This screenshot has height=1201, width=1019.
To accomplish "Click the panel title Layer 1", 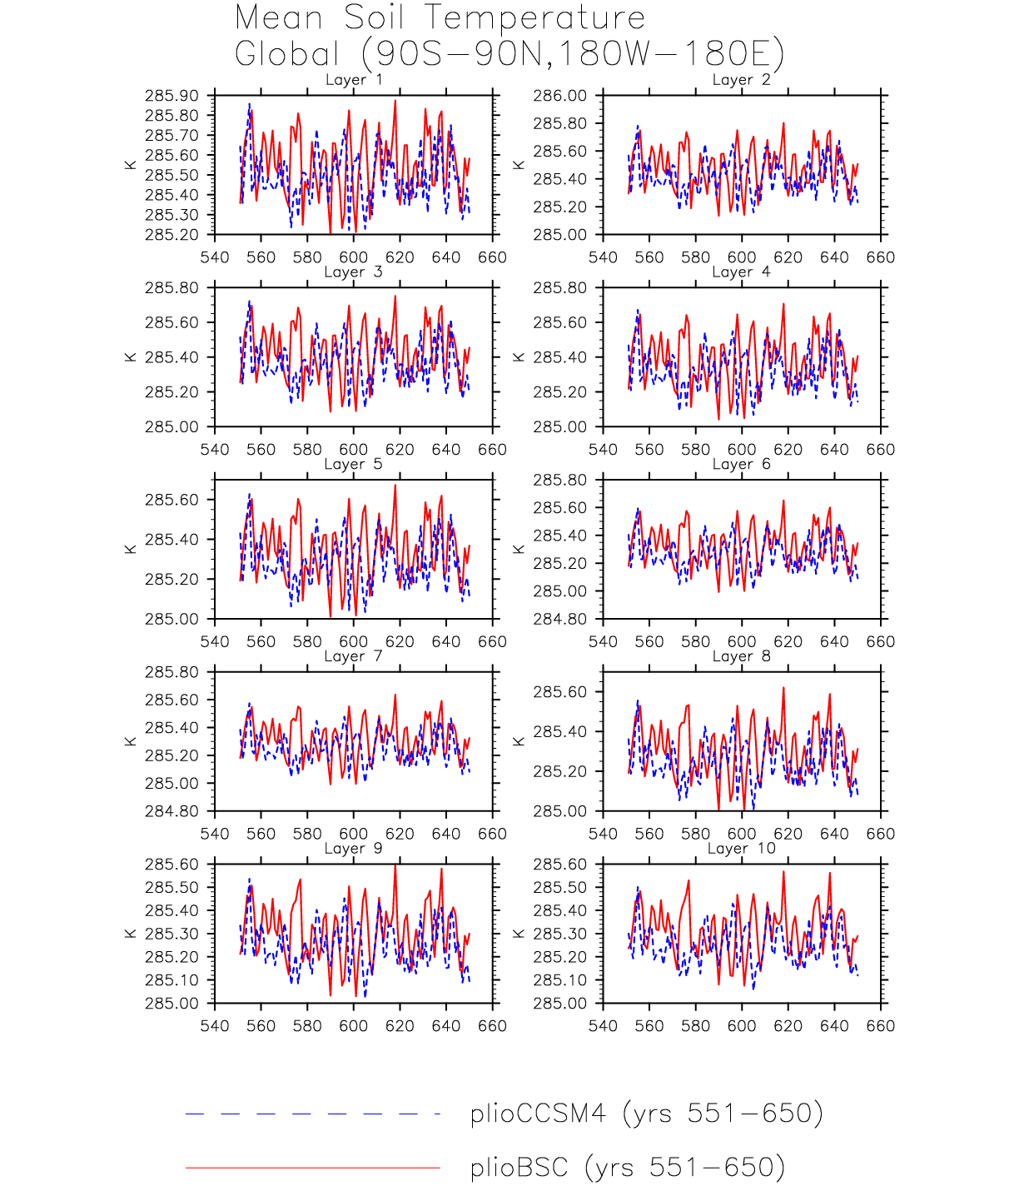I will click(x=354, y=80).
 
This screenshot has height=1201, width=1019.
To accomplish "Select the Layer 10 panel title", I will click(x=741, y=849).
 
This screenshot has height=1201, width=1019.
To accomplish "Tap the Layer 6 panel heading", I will click(x=741, y=464).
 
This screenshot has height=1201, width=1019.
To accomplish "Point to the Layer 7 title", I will click(x=354, y=656).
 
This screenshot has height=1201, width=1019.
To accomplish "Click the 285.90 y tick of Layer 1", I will click(x=171, y=96).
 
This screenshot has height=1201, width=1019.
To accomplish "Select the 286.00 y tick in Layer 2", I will click(x=559, y=96).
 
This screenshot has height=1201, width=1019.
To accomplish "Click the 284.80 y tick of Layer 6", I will click(x=559, y=619).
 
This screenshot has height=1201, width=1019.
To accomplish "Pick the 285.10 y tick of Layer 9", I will click(x=171, y=980).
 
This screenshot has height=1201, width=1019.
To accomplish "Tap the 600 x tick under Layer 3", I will click(x=353, y=450).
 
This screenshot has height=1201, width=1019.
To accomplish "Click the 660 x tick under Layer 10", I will click(x=880, y=1026).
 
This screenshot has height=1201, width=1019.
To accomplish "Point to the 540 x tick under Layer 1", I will click(x=215, y=257).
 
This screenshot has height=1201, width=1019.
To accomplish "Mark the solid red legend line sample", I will click(x=312, y=1168).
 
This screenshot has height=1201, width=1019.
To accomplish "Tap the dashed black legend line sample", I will click(x=312, y=1114).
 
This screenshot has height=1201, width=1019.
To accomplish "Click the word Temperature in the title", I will click(x=534, y=17).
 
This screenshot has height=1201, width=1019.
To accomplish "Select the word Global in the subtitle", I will click(x=287, y=54).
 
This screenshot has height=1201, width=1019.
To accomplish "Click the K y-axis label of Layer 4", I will click(x=519, y=357).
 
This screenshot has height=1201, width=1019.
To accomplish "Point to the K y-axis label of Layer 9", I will click(x=131, y=934).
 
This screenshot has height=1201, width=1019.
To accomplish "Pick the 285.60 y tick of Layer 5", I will click(x=171, y=500).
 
